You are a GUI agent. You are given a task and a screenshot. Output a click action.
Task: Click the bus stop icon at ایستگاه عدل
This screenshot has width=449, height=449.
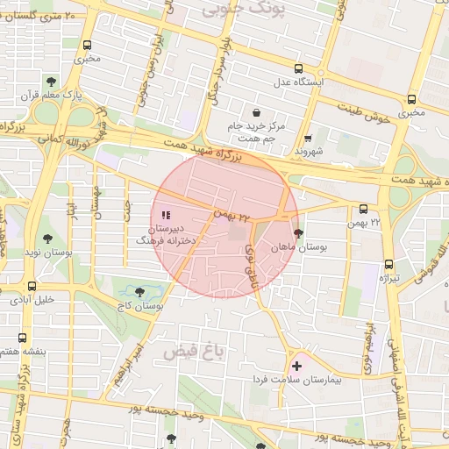click(298, 68)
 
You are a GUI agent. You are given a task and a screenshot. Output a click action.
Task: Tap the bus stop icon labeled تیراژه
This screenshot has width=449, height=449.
click(388, 265)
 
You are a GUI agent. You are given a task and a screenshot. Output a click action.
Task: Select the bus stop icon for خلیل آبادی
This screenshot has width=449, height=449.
click(32, 286)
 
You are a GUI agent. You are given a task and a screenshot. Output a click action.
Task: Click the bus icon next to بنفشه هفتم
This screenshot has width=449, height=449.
click(22, 338)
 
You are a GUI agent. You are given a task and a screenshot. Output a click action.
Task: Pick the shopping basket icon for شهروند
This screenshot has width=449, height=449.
click(308, 138)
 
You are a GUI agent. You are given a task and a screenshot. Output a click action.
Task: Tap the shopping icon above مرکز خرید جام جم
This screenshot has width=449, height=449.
click(256, 113)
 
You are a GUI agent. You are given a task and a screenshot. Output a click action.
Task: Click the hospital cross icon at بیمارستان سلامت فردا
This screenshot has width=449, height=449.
click(296, 365)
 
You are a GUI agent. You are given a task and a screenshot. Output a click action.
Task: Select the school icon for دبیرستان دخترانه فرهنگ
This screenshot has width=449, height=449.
click(167, 214)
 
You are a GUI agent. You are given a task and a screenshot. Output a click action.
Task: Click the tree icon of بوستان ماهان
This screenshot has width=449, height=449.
click(299, 234)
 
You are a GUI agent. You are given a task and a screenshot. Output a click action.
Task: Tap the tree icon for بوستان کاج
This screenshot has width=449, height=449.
click(140, 292)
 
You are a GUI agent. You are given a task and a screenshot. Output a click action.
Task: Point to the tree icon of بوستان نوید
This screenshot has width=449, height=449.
click(46, 238)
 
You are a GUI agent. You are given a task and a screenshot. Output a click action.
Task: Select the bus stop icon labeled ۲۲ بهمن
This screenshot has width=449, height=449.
click(363, 209)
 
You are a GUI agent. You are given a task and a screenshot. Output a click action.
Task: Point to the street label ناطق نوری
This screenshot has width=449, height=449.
click(251, 260)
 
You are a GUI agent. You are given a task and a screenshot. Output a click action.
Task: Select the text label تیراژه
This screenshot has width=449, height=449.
click(388, 278)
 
